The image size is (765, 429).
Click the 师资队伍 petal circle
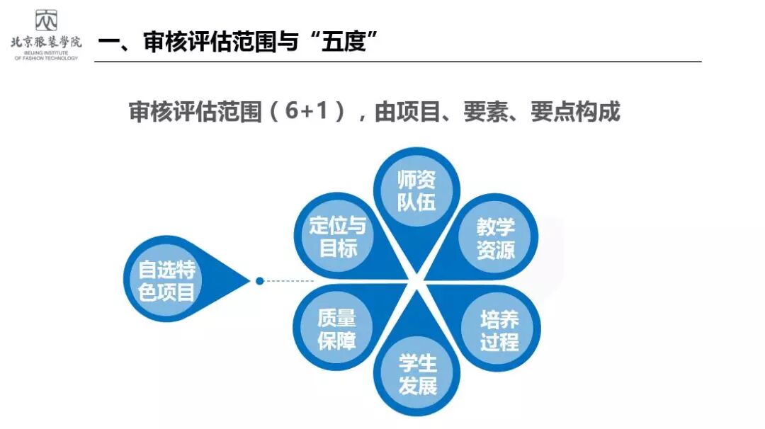(416, 190)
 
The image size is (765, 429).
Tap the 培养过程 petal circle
(499, 330)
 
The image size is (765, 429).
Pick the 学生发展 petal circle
(417, 374)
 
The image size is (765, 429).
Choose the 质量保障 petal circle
(336, 329)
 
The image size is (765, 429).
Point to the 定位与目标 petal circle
(337, 236)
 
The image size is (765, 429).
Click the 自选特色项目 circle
(166, 280)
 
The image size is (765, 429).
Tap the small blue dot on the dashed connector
(260, 281)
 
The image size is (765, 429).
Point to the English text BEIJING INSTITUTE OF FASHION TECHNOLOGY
(46, 55)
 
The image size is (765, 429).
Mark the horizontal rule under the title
(397, 62)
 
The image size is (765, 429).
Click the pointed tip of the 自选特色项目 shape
(249, 281)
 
